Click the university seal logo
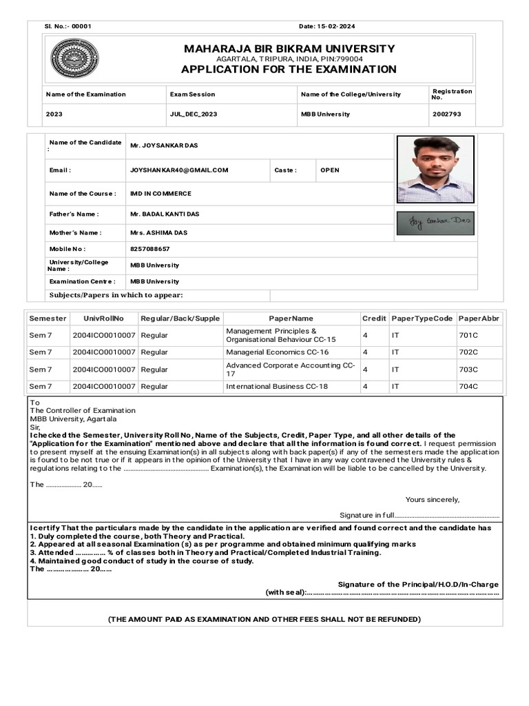(74, 59)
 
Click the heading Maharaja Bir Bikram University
(289, 48)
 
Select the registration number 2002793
(446, 114)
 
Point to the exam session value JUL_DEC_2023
(193, 114)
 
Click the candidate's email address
(179, 170)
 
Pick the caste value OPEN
(330, 170)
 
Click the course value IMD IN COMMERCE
(160, 194)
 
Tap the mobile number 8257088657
(149, 249)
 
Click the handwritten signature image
(435, 223)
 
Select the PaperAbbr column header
(479, 319)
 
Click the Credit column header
(374, 319)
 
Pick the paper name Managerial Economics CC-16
(277, 352)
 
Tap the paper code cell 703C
(468, 370)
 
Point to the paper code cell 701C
(468, 335)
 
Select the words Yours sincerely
(432, 499)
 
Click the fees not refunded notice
(264, 619)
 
